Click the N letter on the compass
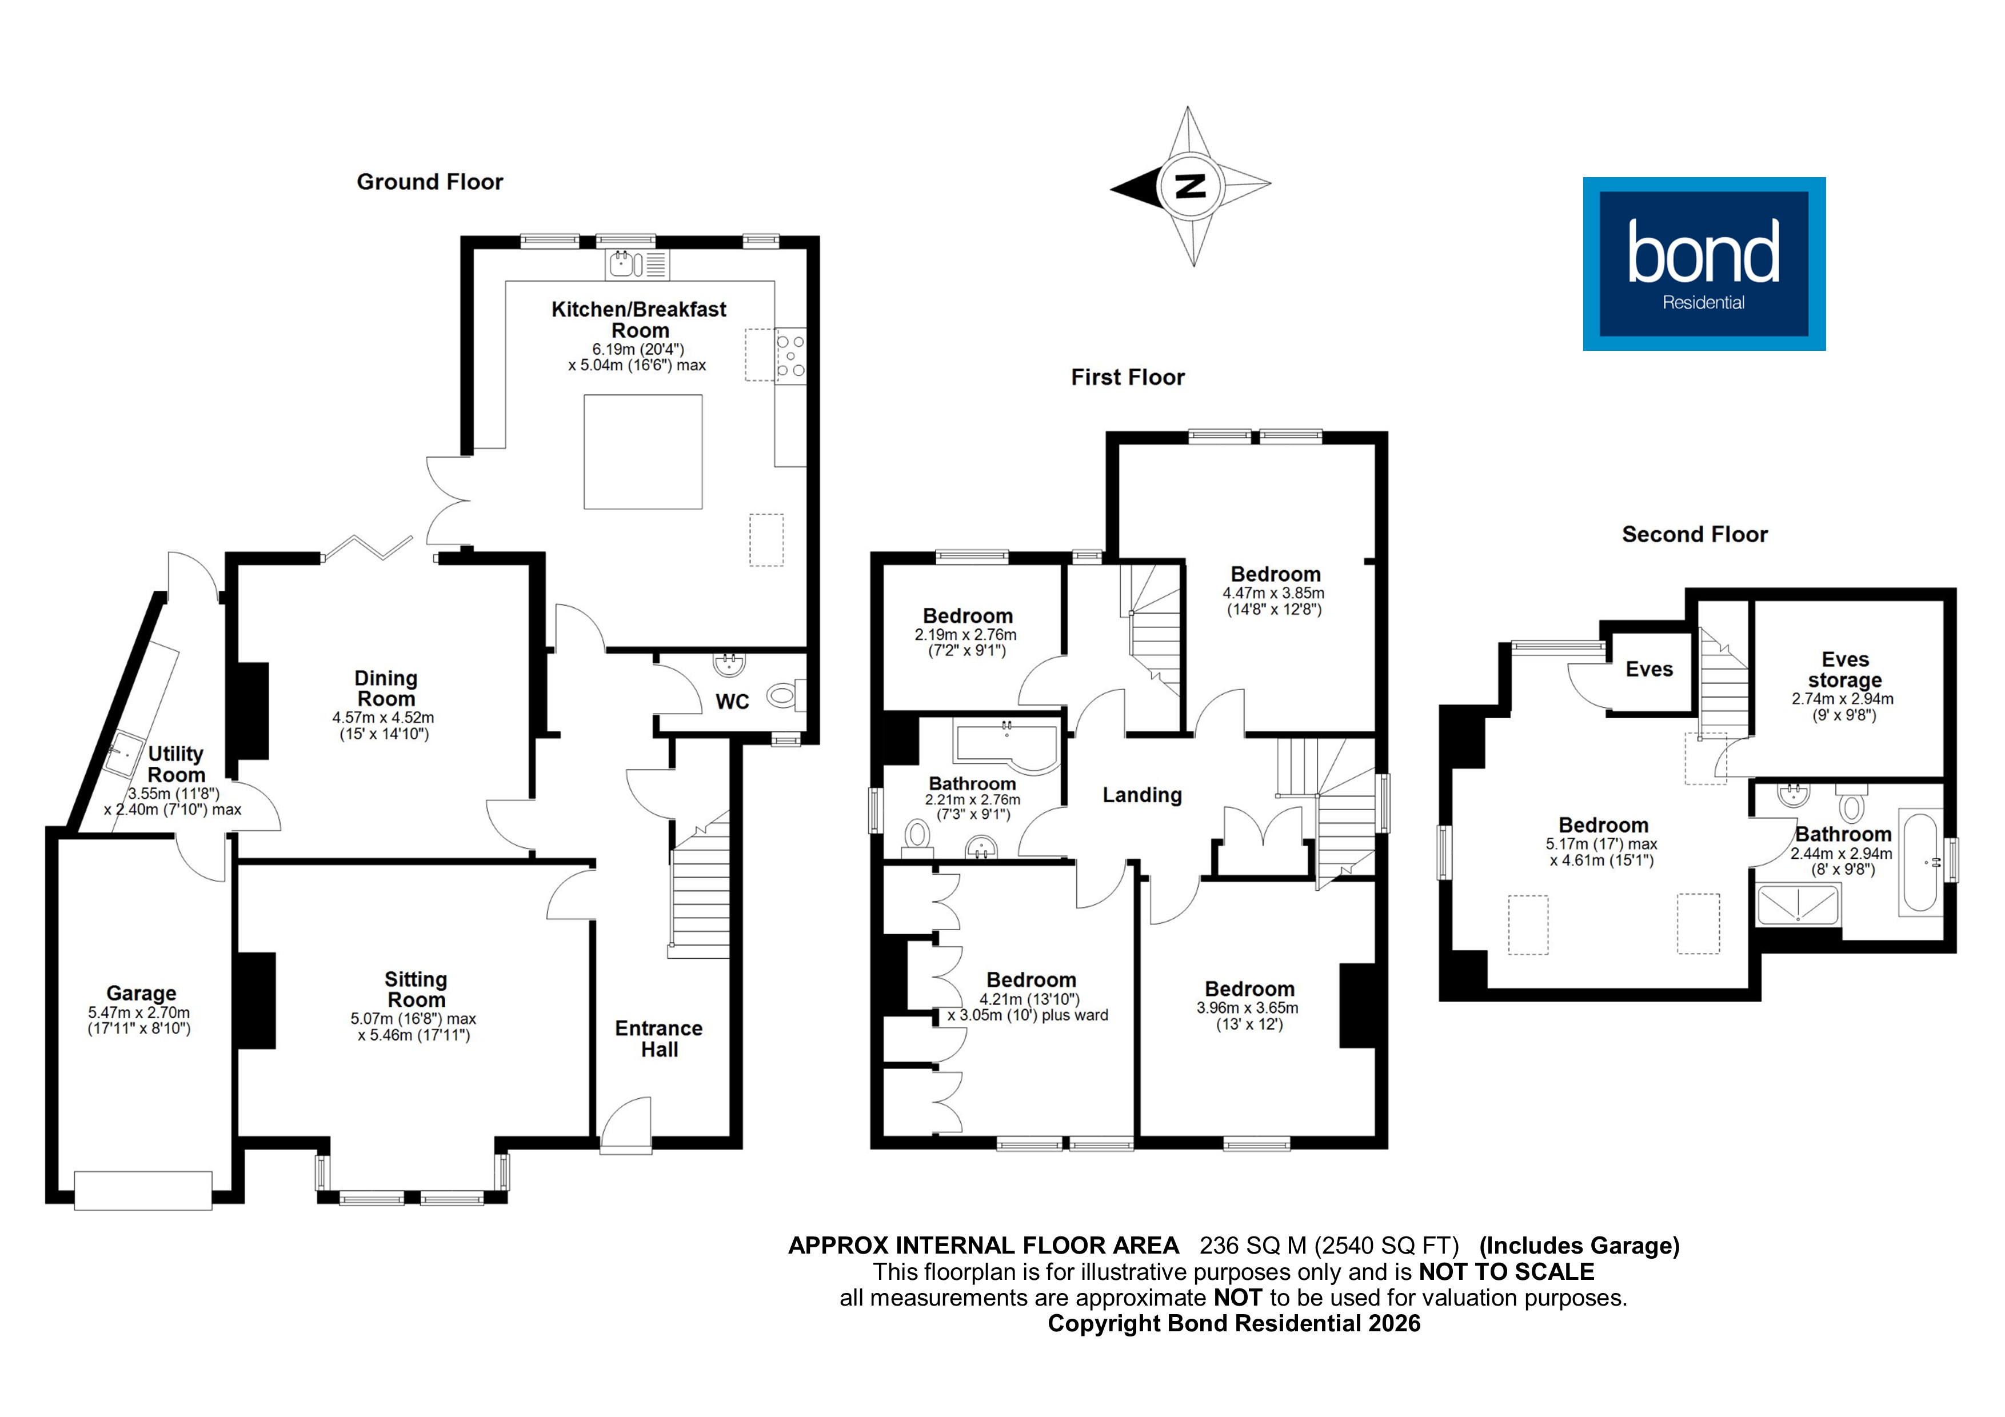[1190, 186]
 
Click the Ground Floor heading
[430, 182]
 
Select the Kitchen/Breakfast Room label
[639, 319]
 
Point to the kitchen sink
[622, 263]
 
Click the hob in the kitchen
[791, 355]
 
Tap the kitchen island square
[643, 451]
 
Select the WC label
[732, 702]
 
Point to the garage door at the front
[143, 1190]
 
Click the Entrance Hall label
[658, 1039]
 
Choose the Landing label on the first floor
[1142, 795]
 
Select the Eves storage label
[1844, 670]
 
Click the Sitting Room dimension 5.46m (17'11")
[414, 1035]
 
